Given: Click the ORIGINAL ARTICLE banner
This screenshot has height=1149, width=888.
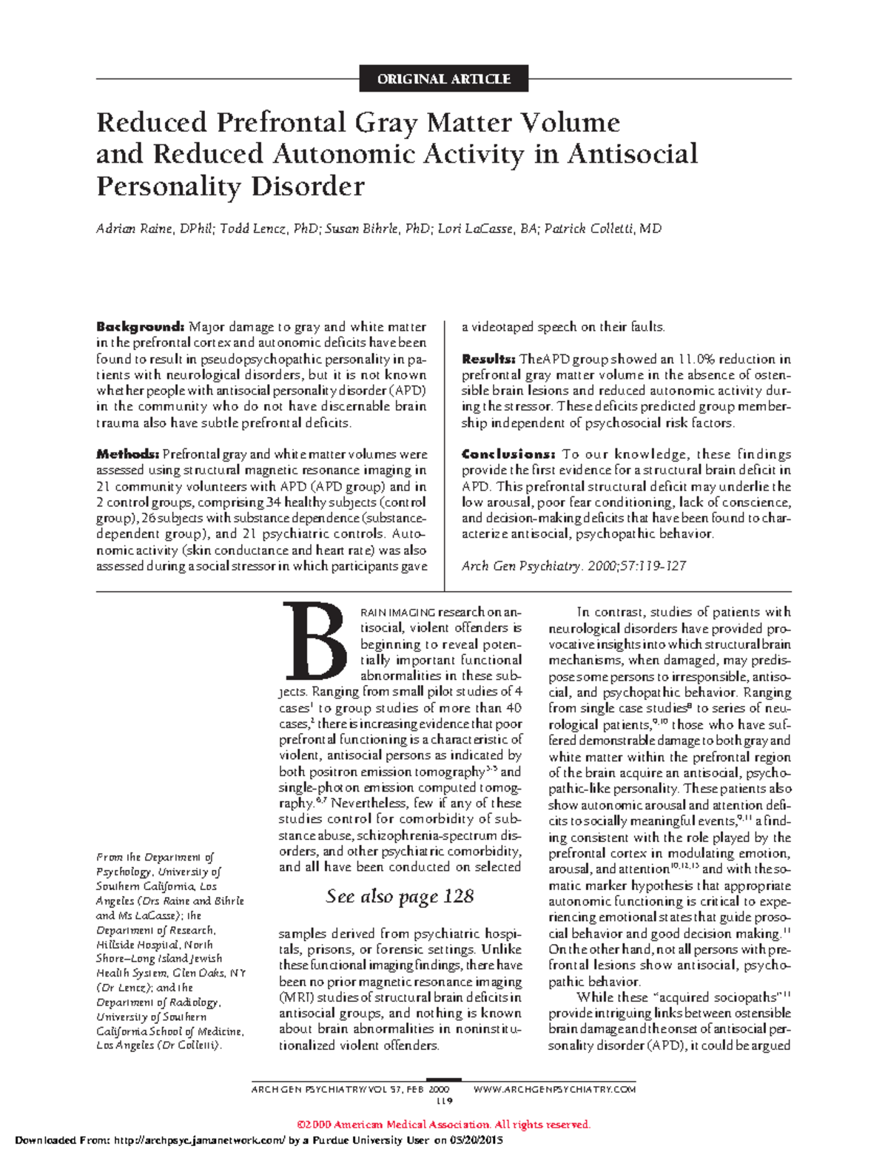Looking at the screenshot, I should click(x=443, y=79).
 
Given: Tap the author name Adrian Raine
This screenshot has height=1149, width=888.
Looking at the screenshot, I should click(x=134, y=229).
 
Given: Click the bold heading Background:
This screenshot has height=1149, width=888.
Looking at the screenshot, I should click(x=140, y=327).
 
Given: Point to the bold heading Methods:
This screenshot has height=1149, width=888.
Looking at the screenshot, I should click(x=127, y=454).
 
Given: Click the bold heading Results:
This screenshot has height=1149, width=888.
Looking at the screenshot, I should click(x=488, y=360).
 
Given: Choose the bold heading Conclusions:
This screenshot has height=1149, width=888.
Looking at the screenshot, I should click(x=508, y=454).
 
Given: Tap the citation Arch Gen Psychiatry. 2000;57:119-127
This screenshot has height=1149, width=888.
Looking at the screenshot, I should click(x=573, y=566).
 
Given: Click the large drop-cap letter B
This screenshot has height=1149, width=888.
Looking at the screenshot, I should click(x=314, y=641).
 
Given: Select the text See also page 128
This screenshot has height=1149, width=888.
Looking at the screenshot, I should click(x=400, y=897).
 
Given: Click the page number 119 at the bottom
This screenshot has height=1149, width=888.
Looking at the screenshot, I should click(x=443, y=1101).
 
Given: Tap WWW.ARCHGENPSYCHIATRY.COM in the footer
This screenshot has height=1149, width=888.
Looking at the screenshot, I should click(x=554, y=1089).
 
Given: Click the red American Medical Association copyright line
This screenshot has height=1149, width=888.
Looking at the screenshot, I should click(x=443, y=1125).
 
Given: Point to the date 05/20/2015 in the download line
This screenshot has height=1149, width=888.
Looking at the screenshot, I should click(x=477, y=1140).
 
